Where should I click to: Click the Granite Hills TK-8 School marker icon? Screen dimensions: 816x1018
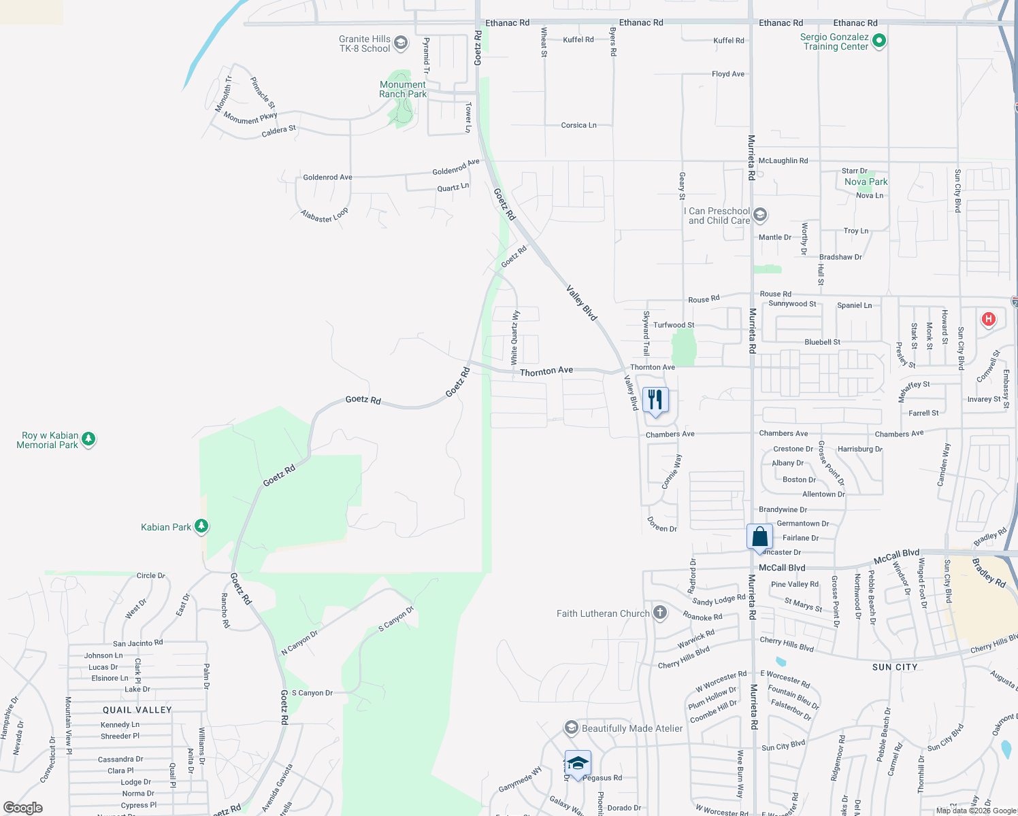coord(401,44)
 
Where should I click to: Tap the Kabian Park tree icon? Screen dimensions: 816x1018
coord(201,526)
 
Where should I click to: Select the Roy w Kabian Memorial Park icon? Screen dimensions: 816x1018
coord(88,440)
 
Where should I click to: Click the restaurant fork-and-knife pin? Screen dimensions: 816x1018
coord(655,400)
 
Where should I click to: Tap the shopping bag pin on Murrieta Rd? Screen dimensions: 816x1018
coord(759,537)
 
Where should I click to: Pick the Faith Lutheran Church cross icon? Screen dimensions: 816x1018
coord(659,613)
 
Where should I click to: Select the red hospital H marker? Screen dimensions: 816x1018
coord(989,319)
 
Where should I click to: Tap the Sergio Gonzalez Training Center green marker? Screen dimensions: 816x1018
coord(879,41)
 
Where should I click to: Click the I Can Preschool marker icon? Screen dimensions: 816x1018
coord(760,216)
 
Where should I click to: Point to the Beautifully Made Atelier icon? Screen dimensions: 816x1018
coord(572,728)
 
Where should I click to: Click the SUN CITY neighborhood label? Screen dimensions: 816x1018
coord(895,667)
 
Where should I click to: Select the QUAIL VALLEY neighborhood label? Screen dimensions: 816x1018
coord(137,710)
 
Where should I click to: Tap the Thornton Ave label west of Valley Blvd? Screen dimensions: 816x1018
coord(546,371)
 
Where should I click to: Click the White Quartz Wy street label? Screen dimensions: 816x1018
coord(514,336)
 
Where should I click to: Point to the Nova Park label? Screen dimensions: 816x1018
coord(866,182)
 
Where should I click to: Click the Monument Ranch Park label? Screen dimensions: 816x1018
coord(403,89)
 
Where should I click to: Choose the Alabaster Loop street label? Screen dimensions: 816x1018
coord(325,216)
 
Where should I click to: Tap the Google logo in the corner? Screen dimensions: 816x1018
coord(23,807)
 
